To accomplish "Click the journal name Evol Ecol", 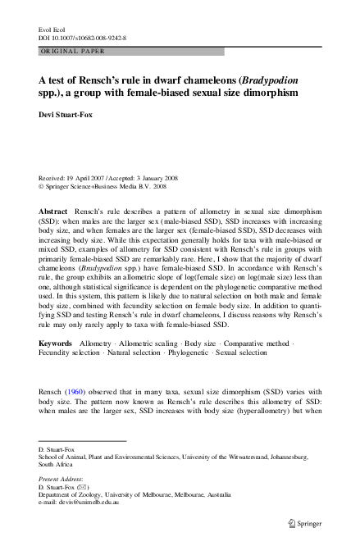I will pos(51,30).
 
